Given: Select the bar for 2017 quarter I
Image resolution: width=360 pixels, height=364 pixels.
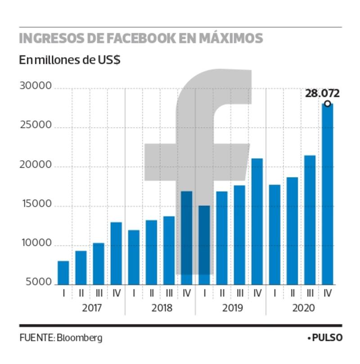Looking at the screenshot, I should [63, 273].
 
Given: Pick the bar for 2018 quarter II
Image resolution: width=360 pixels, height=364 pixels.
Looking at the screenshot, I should [152, 252].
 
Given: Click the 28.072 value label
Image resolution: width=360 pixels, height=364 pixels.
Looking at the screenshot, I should [322, 94].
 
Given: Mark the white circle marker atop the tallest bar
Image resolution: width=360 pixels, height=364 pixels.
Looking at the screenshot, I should [328, 104].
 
